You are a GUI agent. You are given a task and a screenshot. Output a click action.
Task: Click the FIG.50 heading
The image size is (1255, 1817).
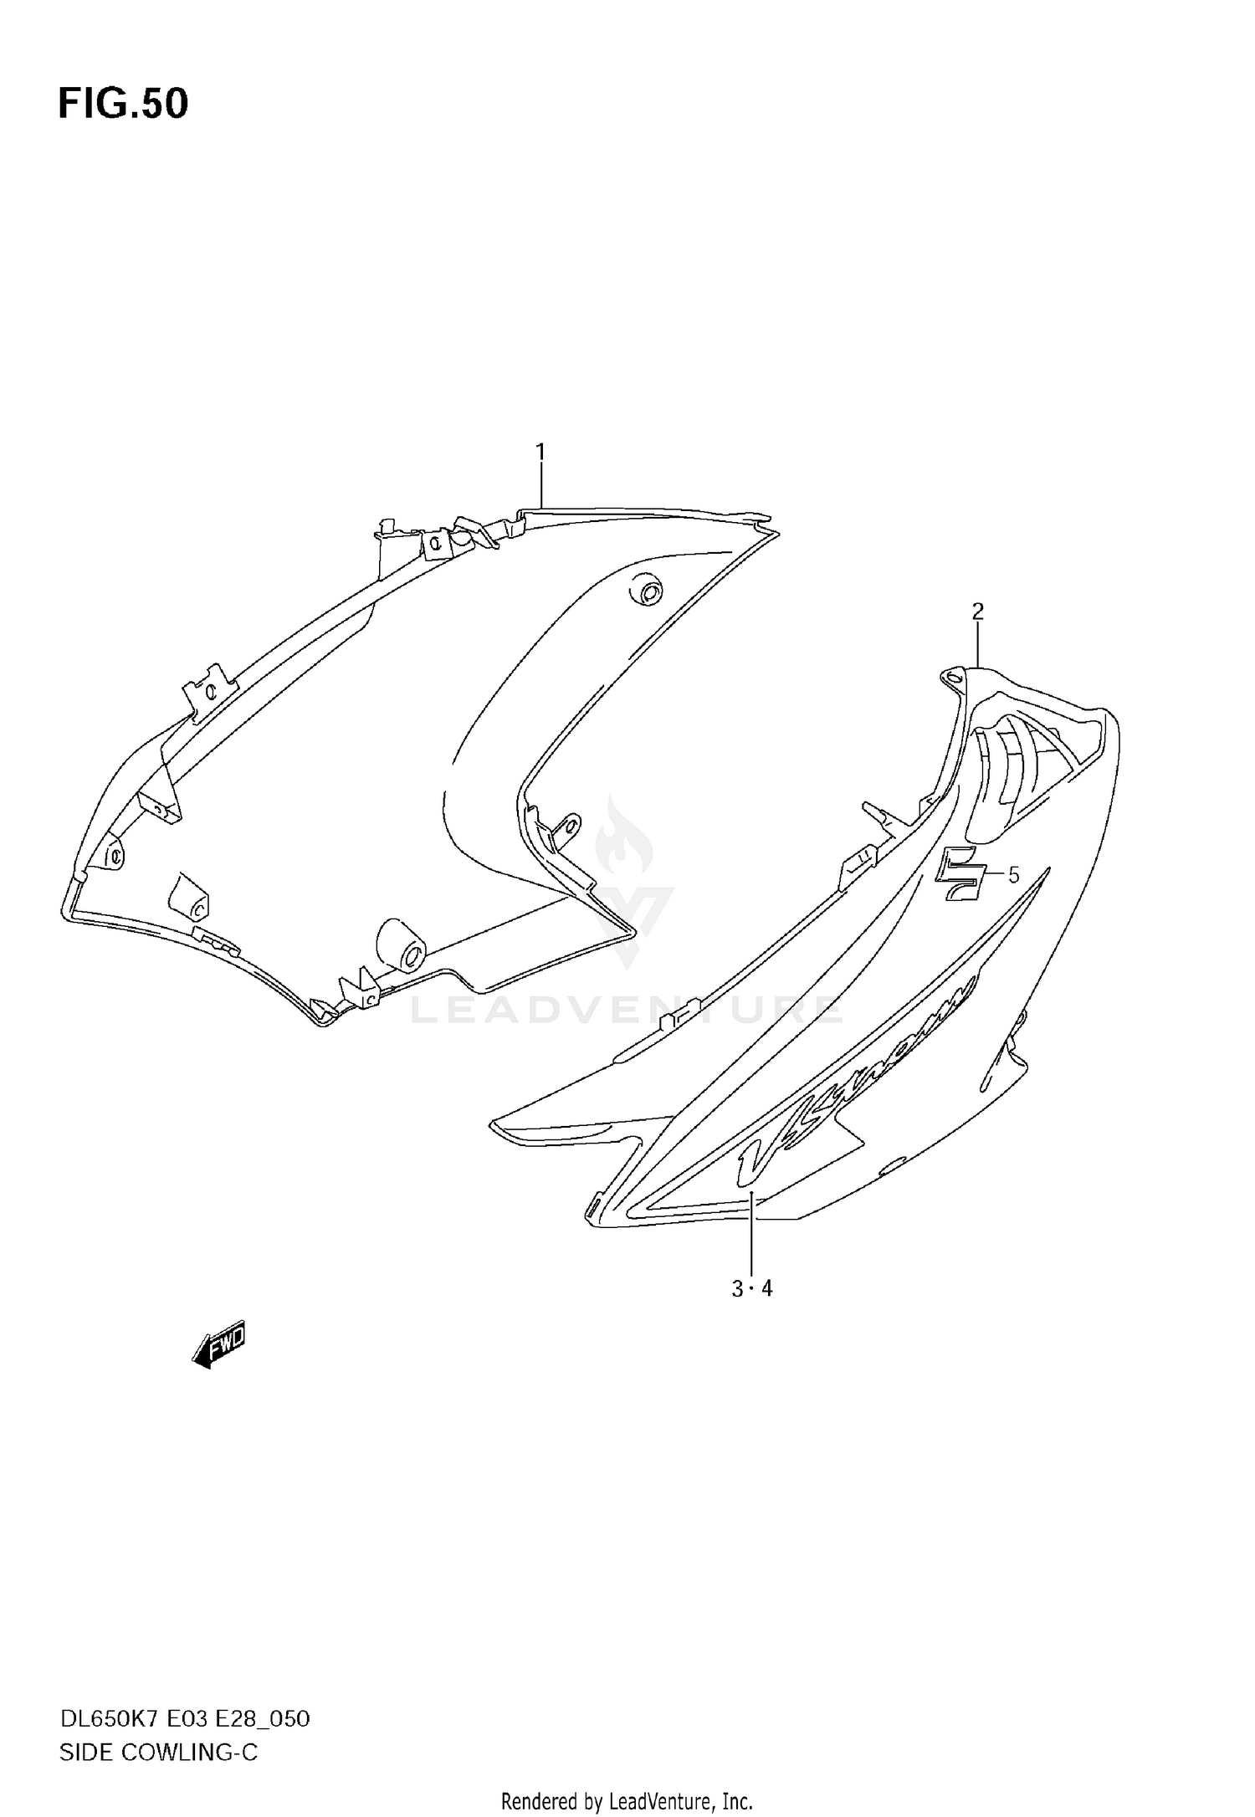point(123,104)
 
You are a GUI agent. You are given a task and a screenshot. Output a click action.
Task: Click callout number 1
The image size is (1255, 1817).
point(540,453)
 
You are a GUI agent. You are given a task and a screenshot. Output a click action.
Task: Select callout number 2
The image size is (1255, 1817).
point(977,612)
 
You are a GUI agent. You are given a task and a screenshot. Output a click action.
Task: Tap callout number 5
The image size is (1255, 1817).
point(1013,876)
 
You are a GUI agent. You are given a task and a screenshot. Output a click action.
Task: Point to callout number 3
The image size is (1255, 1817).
point(737,1289)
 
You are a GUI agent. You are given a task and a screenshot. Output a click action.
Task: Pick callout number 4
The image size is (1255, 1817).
point(767,1289)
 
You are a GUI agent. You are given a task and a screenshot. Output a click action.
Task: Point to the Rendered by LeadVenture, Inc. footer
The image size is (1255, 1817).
point(627,1801)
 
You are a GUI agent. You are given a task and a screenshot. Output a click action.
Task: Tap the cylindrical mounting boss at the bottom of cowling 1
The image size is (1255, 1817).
point(402,945)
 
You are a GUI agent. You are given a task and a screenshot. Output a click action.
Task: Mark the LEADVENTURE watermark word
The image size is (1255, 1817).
point(627,1010)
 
